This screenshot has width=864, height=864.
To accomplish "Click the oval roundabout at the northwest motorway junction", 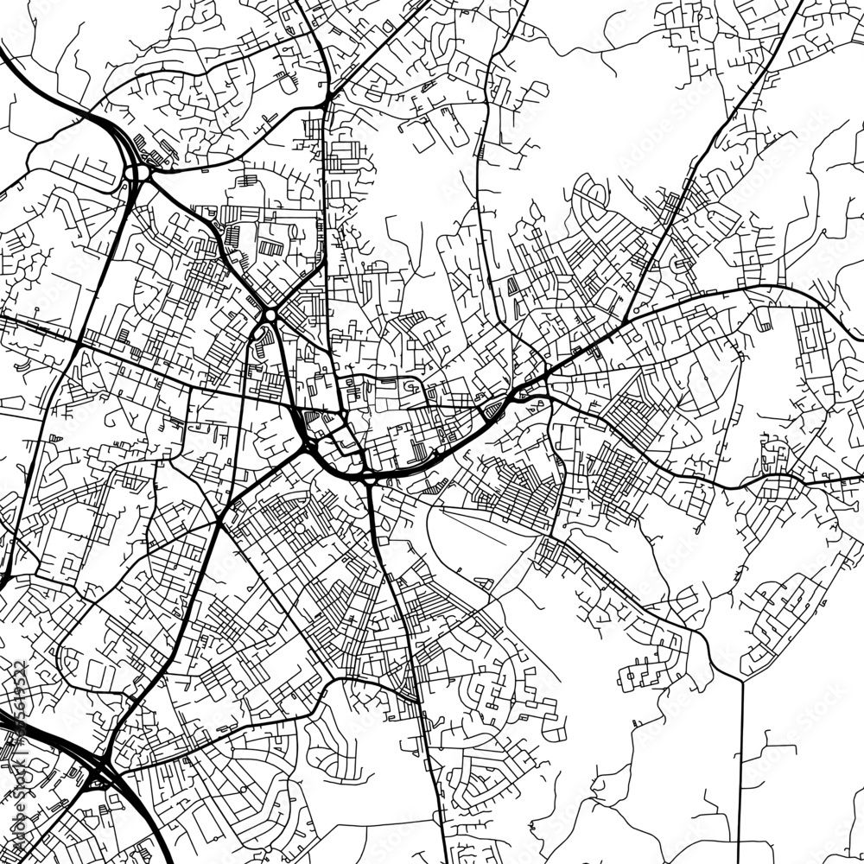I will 135,173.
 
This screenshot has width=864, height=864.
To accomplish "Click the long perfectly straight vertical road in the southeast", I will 742,760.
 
